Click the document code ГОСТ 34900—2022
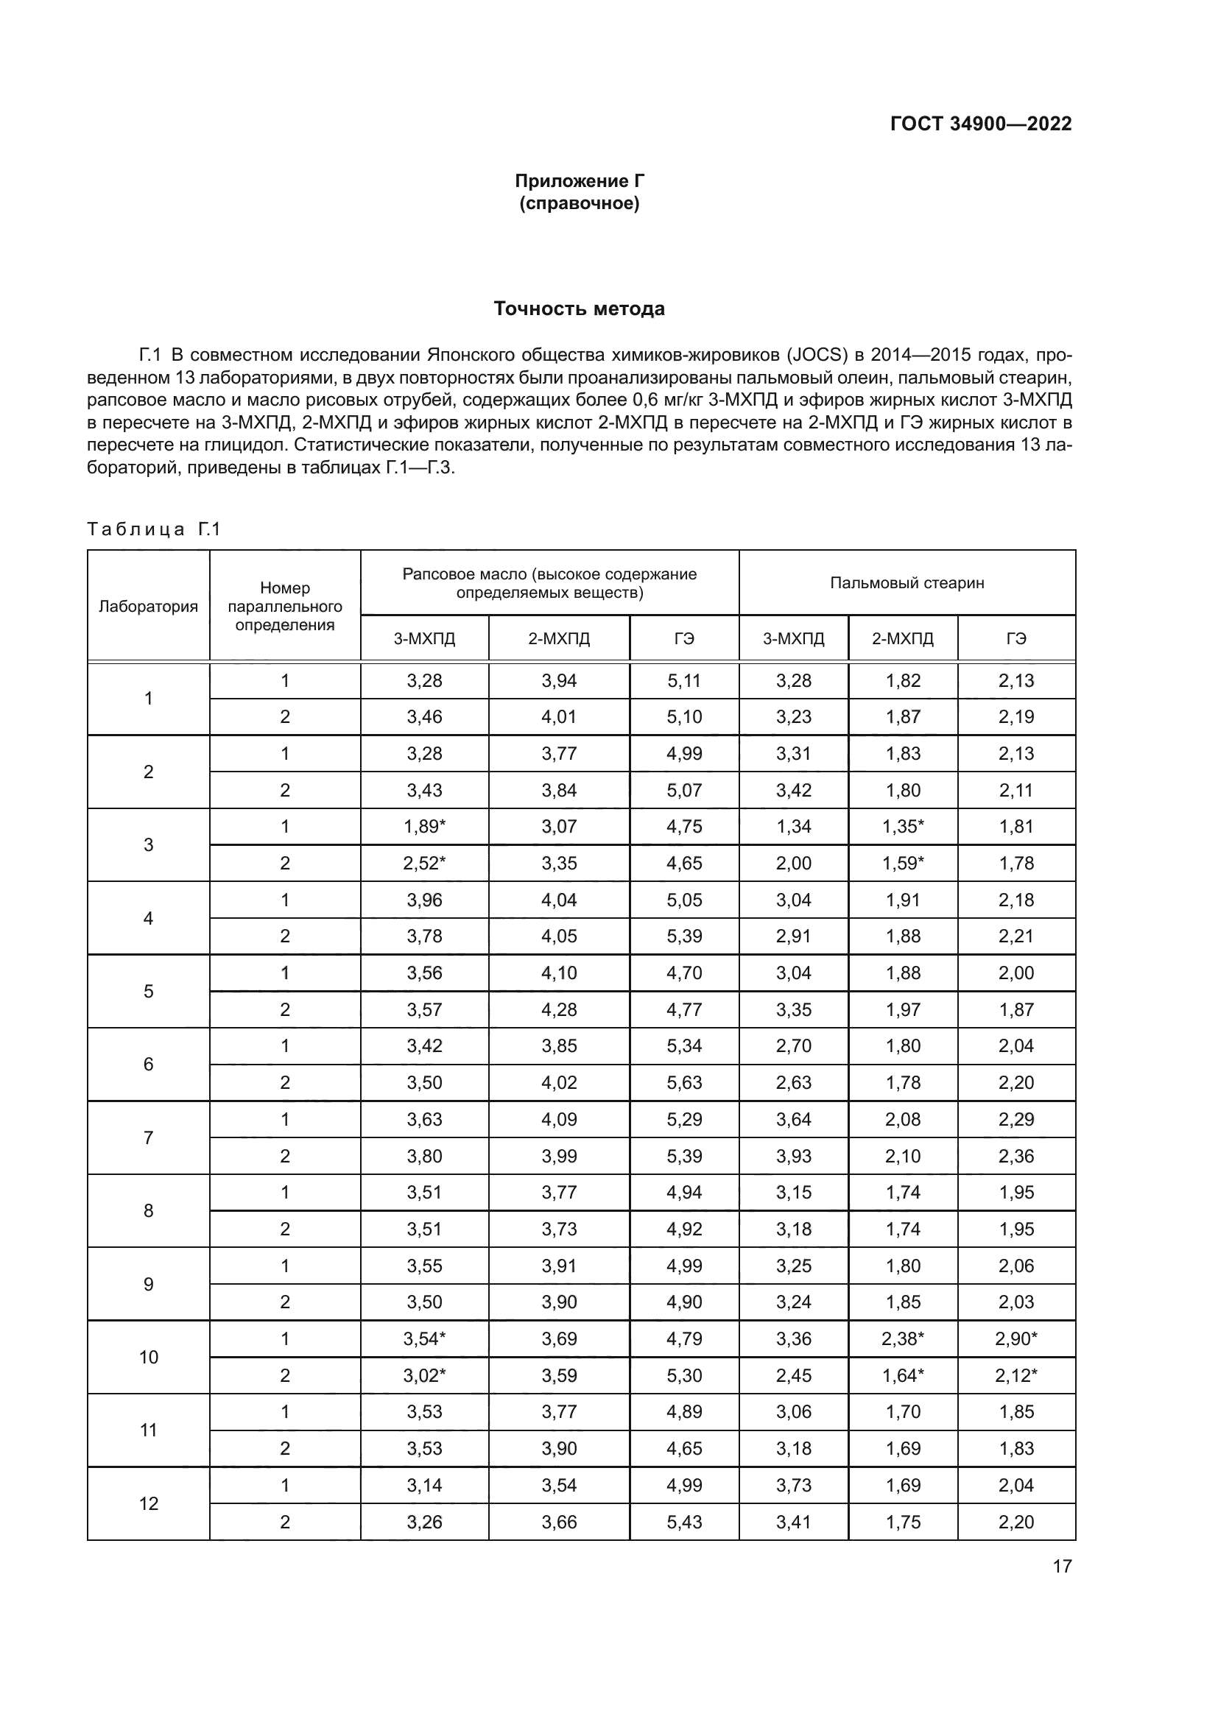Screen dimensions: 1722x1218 (x=980, y=124)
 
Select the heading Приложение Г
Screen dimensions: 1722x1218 (x=579, y=181)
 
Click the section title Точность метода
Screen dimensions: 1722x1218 (x=579, y=308)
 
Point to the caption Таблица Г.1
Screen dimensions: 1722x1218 (x=154, y=529)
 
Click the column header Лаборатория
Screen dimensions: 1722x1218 (x=149, y=606)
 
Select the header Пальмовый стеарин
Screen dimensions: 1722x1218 (x=907, y=583)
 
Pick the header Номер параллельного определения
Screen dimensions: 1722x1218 (x=285, y=606)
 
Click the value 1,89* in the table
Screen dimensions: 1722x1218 (x=424, y=827)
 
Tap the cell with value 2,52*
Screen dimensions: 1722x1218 (x=424, y=864)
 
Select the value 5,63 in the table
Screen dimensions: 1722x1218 (x=684, y=1082)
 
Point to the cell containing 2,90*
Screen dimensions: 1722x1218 (x=1016, y=1338)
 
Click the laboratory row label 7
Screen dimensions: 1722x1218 (x=149, y=1137)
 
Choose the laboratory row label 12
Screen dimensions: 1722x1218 (x=149, y=1503)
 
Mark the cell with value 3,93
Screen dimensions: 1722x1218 (x=794, y=1156)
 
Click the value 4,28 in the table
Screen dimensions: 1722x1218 (x=559, y=1009)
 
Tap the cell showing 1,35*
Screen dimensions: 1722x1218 (x=903, y=827)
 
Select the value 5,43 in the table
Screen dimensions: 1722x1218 (x=684, y=1522)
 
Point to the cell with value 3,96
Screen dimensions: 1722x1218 (x=424, y=900)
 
